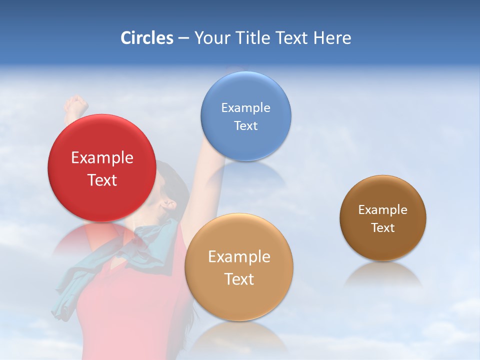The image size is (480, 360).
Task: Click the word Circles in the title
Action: pos(147,38)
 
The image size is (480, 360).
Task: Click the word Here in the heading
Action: pos(332,38)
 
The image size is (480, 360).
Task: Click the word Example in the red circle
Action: pos(102,158)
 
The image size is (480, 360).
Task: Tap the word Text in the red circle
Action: pos(102,180)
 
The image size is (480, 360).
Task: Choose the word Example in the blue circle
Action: pos(245,108)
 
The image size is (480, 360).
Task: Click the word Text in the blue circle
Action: pos(245,125)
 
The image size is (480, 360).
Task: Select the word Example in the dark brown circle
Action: pos(383,210)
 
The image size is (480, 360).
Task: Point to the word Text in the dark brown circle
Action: pos(383,228)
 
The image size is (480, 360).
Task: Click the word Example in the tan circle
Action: pos(239,257)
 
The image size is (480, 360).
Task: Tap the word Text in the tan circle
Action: pos(239,279)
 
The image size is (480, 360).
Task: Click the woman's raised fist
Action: pos(76,105)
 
